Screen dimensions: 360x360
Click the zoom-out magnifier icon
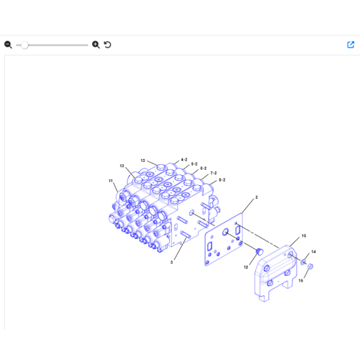pos(8,45)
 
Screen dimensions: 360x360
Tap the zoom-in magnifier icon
pos(96,45)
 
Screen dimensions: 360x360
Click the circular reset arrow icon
pos(107,45)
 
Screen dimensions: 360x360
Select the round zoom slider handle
pos(24,45)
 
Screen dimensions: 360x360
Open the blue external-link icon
pos(351,45)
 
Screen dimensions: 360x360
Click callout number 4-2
pos(184,160)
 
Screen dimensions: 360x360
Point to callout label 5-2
pos(194,164)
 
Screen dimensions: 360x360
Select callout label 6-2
pos(203,168)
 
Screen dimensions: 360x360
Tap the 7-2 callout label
pos(213,173)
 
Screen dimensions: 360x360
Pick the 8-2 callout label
pos(222,180)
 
